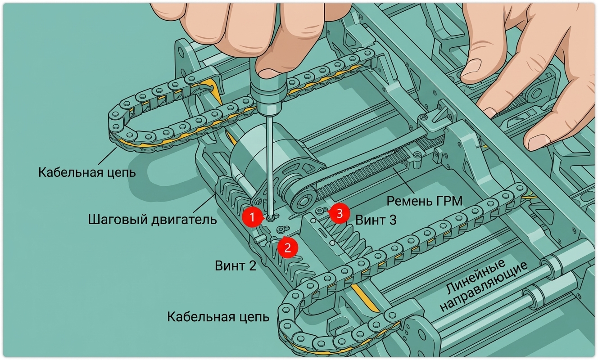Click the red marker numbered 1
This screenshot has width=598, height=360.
[x=252, y=217]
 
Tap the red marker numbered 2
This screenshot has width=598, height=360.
[x=288, y=247]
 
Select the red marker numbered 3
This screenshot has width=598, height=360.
[x=339, y=213]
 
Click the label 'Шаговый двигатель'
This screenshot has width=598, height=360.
[x=153, y=220]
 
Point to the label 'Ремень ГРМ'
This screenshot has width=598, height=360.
[x=425, y=201]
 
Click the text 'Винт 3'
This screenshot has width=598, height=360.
[x=376, y=220]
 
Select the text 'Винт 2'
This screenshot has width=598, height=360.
[x=236, y=266]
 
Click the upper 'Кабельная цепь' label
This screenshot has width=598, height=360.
[x=87, y=173]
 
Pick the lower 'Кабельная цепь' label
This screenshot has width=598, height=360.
[x=218, y=317]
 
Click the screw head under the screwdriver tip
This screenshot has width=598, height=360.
[x=271, y=218]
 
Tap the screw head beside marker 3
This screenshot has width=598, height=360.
[x=320, y=211]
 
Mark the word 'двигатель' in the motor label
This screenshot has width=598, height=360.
[x=185, y=220]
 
